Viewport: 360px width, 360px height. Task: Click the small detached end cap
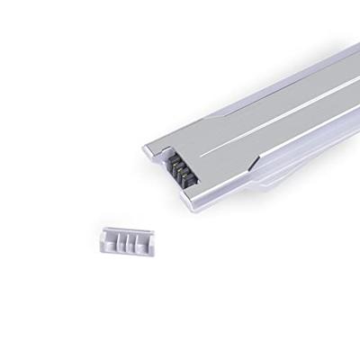[126, 241]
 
